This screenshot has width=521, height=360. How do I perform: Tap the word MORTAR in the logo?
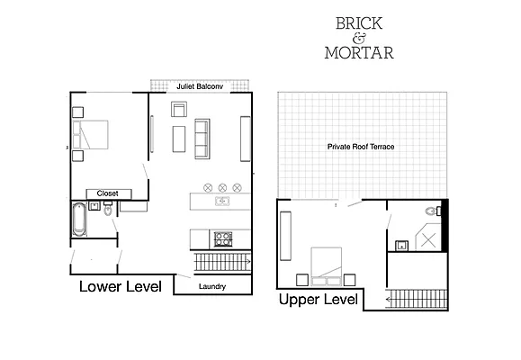coord(358,52)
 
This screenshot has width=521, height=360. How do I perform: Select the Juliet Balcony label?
coord(201,86)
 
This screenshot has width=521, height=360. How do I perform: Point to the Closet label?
coord(108,193)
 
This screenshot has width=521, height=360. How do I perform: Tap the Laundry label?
coord(212,287)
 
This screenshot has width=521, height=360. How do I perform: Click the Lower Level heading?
coord(120,288)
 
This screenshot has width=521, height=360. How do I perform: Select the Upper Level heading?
coord(319,299)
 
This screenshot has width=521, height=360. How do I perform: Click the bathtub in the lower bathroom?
coord(79,219)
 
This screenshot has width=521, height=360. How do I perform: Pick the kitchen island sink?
coord(221,201)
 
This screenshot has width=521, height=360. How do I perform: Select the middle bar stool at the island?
coord(222,187)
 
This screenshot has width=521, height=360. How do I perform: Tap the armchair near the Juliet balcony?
coord(178,111)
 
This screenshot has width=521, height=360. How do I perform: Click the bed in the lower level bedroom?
coord(93,137)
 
